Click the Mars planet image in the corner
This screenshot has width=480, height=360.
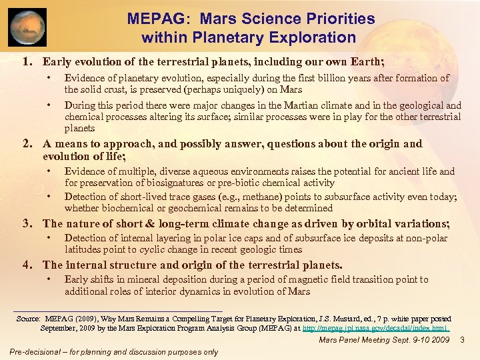28,27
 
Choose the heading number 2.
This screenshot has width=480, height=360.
27,144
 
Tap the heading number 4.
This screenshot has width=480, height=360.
27,265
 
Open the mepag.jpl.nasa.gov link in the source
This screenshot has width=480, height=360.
375,328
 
